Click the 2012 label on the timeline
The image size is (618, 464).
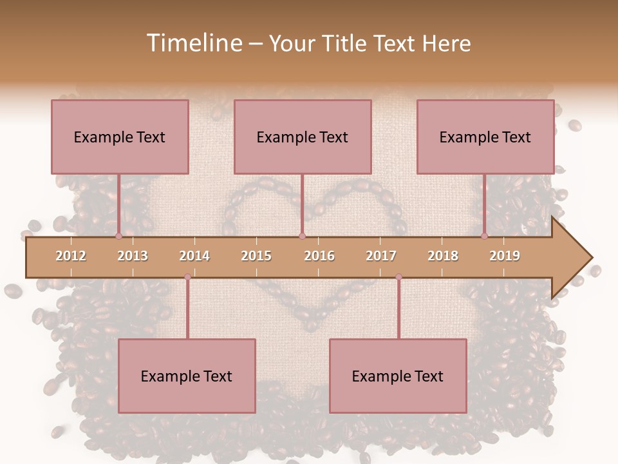point(71,256)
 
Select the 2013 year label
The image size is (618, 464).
point(133,256)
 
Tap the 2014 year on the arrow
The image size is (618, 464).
point(194,256)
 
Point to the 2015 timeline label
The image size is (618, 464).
point(256,256)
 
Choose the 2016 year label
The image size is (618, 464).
point(319,256)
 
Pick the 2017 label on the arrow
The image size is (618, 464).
point(381,256)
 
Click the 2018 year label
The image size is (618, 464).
point(443,256)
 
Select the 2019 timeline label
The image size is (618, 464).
point(505,256)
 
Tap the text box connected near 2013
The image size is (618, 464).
point(120,137)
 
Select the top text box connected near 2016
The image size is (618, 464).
point(303,137)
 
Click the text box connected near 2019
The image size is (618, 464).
point(485,137)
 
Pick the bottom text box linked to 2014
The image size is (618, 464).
point(187,376)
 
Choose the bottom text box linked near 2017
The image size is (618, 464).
point(398,376)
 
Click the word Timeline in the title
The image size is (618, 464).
point(192,43)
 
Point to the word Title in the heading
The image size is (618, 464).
point(344,43)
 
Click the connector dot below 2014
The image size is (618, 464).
point(187,277)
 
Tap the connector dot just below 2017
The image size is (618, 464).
point(398,277)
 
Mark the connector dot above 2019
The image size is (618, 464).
point(484,236)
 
